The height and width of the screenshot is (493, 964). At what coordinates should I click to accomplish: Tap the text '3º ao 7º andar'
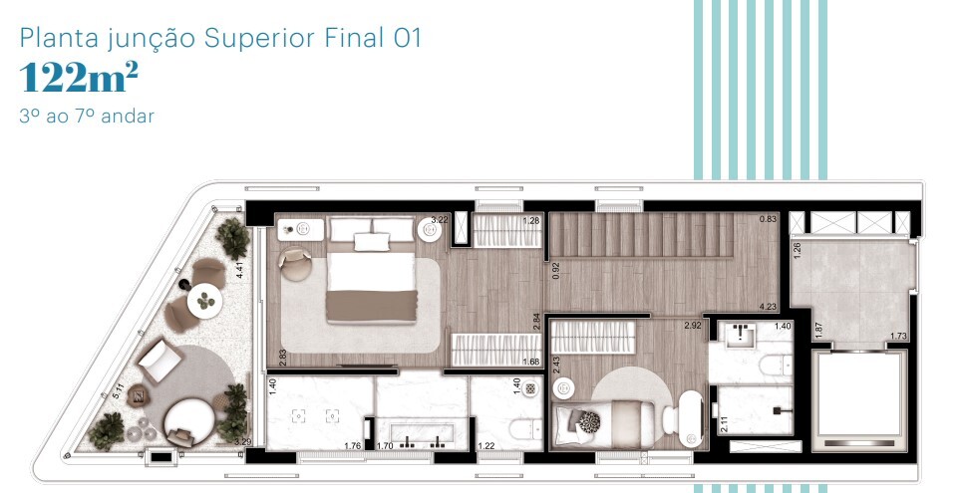87,117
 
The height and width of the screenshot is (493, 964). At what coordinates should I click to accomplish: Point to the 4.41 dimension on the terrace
240,268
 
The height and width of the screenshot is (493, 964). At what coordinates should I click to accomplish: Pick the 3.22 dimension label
440,219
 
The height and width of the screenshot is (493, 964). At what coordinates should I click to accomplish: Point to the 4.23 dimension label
768,307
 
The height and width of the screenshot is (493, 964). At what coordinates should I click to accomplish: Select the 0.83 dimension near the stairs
768,219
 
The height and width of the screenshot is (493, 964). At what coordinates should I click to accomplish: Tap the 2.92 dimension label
693,326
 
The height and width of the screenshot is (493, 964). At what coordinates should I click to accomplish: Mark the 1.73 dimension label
898,337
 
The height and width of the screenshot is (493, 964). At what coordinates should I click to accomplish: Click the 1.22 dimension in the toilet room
486,446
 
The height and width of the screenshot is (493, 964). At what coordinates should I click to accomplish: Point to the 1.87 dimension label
817,331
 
